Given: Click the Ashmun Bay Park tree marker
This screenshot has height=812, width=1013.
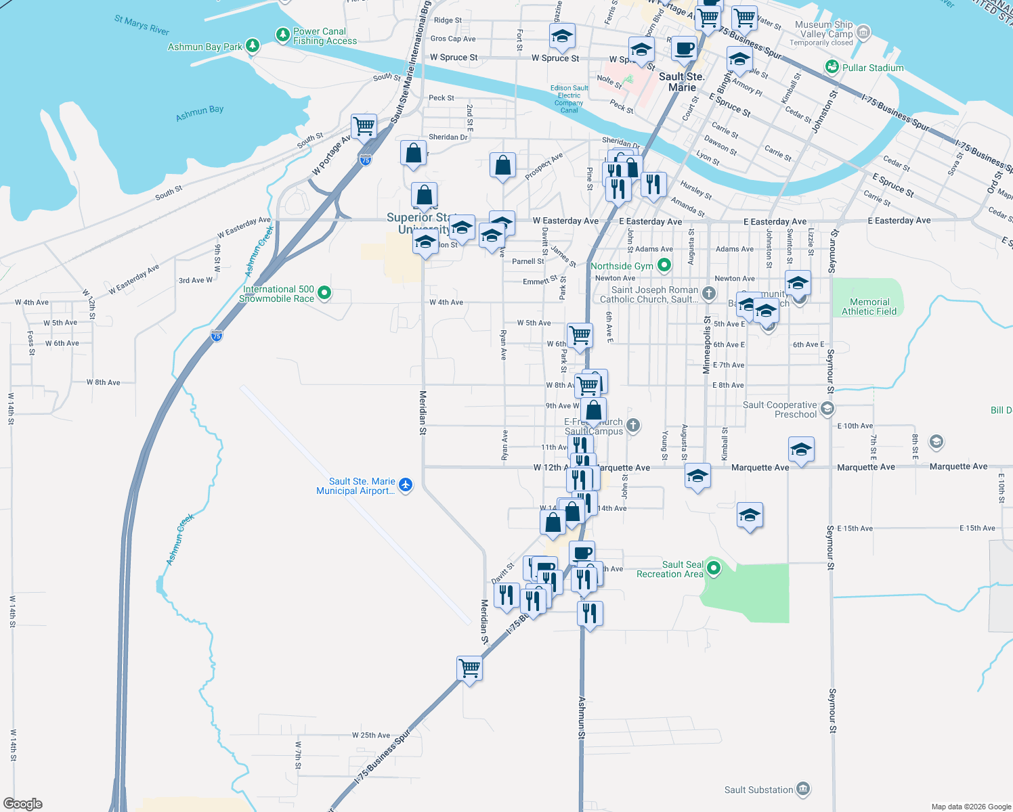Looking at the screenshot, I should (x=253, y=46).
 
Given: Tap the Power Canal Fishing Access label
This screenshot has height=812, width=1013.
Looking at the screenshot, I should (x=324, y=37).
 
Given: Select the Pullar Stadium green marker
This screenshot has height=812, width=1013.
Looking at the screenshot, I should (x=832, y=68).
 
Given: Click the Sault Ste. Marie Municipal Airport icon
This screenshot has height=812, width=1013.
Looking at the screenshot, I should (x=406, y=484).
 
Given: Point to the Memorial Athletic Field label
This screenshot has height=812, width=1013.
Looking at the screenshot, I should (x=869, y=307).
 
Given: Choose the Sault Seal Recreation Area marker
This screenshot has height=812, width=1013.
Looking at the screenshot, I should (x=713, y=568).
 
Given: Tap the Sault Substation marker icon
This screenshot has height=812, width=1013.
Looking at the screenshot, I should (x=803, y=789).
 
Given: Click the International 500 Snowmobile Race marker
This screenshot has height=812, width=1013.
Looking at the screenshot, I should (x=324, y=293).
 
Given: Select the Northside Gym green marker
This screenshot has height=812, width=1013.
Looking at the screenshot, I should (x=664, y=266).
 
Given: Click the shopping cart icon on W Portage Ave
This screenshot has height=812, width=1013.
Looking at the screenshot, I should (x=364, y=126).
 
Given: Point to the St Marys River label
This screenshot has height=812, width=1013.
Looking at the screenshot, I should (x=142, y=25).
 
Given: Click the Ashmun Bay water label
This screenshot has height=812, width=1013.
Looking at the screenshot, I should (x=200, y=113).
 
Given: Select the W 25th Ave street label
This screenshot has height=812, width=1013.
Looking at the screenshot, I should (x=371, y=736).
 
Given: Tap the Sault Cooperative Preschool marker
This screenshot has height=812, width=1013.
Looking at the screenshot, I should (x=827, y=409).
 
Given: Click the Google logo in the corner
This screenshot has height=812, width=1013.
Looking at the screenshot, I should (x=23, y=804).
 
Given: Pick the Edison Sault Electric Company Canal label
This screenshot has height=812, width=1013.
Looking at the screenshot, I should (x=569, y=99).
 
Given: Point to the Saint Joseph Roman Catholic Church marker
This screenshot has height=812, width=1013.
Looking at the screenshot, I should (x=709, y=293).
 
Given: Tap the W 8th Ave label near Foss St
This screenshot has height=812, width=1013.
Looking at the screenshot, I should (x=104, y=382).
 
